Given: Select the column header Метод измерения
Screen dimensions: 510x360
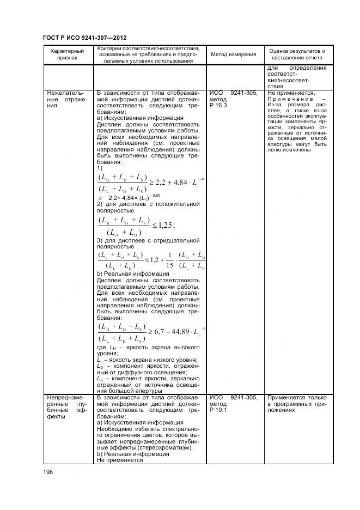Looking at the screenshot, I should [234, 54].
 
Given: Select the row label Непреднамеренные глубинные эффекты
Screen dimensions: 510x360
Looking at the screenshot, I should [65, 409].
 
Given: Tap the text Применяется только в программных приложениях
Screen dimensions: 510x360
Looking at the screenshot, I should [296, 404].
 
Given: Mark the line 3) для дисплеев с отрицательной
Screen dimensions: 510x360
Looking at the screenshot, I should [148, 240].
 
